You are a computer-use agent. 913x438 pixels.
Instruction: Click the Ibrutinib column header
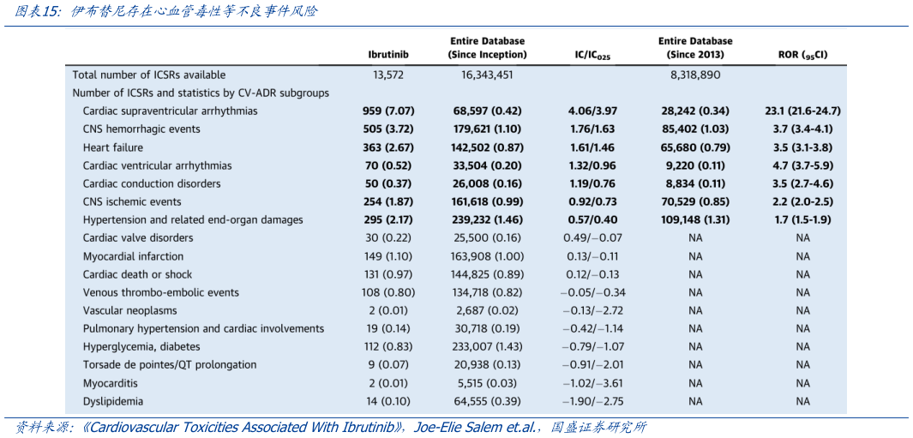387,55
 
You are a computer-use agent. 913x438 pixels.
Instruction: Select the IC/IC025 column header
592,56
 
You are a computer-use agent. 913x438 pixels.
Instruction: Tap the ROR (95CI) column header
802,56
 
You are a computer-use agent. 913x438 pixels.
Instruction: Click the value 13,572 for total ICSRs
387,75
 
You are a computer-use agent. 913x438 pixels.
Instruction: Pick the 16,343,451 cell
487,75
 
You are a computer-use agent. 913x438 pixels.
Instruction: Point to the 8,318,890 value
694,75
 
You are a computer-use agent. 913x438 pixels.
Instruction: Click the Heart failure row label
112,147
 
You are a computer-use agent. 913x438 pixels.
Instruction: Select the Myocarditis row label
111,383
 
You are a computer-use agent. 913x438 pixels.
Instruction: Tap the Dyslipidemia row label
113,401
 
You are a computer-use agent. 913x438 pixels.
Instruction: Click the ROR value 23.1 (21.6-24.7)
802,111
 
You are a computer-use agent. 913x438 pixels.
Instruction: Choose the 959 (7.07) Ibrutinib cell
387,111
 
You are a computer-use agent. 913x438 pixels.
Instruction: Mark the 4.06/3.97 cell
592,111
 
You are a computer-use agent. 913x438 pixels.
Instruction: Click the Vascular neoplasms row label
131,310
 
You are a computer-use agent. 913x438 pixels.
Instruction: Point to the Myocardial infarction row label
133,256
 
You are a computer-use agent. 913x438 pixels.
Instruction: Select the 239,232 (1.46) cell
487,220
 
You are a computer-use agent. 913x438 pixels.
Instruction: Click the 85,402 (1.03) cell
694,129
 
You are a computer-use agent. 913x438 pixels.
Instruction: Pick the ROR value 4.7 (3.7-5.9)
802,165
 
